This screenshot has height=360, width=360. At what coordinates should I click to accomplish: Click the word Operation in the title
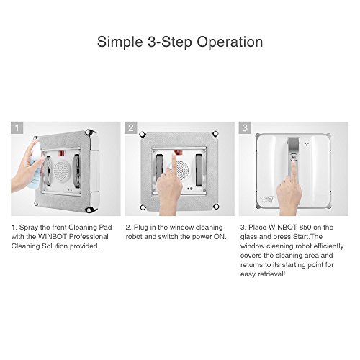[x=230, y=42]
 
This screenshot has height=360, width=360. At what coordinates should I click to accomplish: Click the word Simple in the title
[x=120, y=42]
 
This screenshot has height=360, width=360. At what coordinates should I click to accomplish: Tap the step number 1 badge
[x=17, y=127]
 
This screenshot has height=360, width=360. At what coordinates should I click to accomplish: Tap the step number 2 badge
[x=131, y=127]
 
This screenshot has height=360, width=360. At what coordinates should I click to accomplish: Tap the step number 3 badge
[x=245, y=127]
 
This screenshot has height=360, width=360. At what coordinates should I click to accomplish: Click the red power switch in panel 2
[x=178, y=152]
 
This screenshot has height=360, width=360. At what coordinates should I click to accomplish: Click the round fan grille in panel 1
[x=62, y=170]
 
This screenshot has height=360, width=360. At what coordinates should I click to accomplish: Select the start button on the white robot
[x=293, y=158]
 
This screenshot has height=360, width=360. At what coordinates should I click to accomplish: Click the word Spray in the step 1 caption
[x=29, y=228]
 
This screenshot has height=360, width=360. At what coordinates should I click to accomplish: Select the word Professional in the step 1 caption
[x=89, y=237]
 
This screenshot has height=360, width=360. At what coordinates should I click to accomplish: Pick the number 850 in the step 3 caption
[x=304, y=228]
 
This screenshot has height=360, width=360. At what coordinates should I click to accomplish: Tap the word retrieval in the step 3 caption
[x=271, y=274]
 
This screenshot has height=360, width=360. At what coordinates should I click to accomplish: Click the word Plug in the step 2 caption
[x=141, y=228]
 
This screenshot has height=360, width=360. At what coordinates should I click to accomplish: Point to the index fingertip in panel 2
[x=174, y=154]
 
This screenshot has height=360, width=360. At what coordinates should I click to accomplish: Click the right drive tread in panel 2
[x=199, y=170]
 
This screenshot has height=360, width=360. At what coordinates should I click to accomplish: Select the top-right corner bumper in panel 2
[x=215, y=133]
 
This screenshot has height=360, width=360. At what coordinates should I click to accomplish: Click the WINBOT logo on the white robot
[x=266, y=199]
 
